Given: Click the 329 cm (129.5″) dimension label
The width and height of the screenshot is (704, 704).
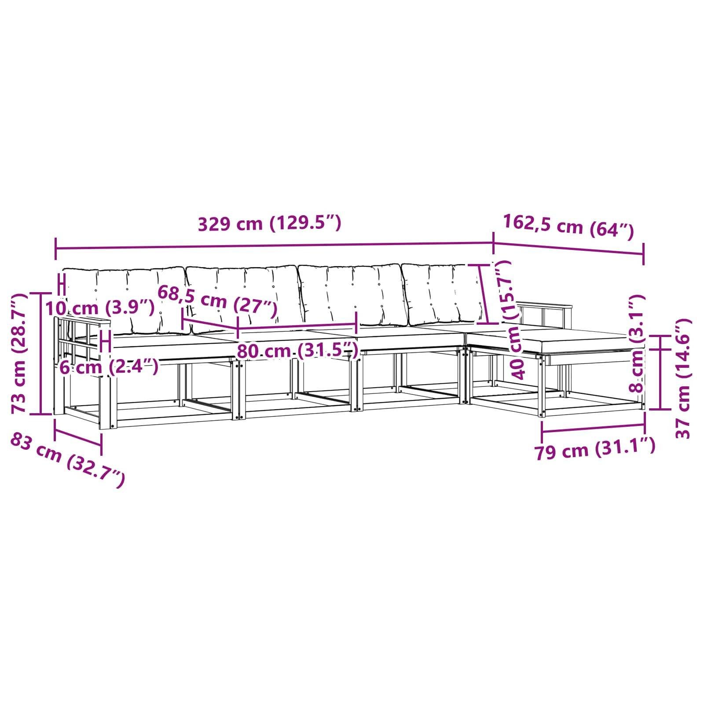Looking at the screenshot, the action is [270, 224].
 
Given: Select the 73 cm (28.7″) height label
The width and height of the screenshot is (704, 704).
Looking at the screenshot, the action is [20, 353].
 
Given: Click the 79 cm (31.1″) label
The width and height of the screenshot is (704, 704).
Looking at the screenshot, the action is [595, 449].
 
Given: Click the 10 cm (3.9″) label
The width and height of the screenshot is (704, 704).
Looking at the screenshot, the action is [100, 308].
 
